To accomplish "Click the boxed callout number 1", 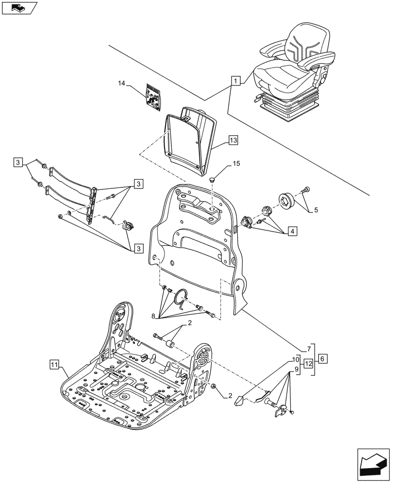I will click(235, 81).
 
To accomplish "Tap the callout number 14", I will click(121, 84).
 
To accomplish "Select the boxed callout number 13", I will click(233, 141).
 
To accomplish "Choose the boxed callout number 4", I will click(292, 231).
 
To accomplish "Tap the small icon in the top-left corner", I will click(19, 8).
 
